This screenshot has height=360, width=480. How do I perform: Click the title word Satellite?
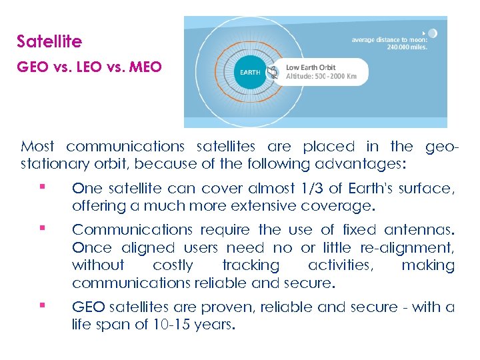pos(49,41)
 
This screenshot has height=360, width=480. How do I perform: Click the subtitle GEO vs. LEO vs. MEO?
pos(89,67)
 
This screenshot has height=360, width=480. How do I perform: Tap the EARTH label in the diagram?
pos(250,72)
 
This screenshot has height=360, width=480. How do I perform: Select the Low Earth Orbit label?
pos(311,67)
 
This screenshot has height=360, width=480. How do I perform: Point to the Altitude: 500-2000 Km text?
pos(321,77)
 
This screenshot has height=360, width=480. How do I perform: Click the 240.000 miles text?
pos(407,47)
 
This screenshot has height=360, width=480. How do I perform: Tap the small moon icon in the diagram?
pos(433,33)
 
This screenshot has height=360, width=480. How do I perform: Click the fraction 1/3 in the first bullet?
pos(303,189)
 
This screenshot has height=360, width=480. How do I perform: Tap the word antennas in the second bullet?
pos(419,230)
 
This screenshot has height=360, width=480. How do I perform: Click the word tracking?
pos(251,265)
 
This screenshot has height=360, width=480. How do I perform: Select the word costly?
pos(173,265)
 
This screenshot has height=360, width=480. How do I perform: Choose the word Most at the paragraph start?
pos(38,146)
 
